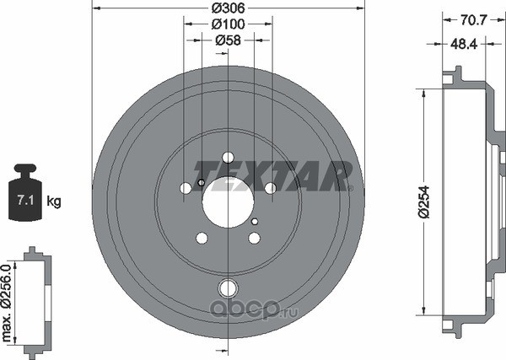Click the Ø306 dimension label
click(x=229, y=8)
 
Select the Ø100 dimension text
click(x=229, y=24)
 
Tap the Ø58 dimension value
click(x=229, y=40)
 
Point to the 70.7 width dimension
click(x=473, y=20)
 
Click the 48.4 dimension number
click(x=464, y=44)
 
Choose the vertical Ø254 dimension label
click(x=425, y=202)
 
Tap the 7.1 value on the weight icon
click(x=25, y=201)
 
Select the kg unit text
click(x=54, y=201)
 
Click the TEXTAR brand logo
click(x=272, y=176)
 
